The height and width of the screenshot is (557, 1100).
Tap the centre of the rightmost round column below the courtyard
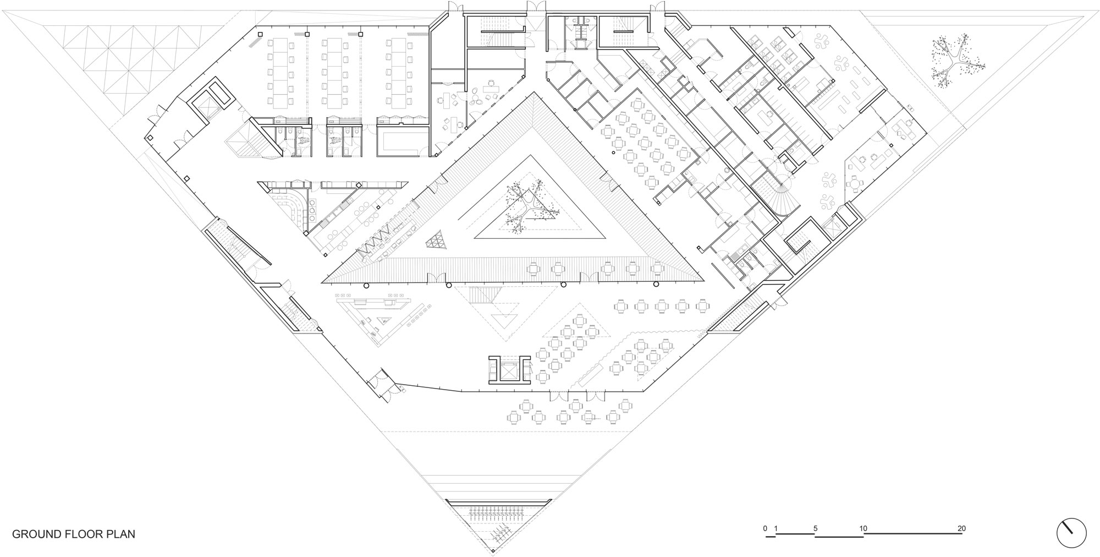point(656,285)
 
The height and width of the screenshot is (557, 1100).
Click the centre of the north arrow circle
point(1071,533)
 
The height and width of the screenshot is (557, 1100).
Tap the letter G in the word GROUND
point(16,534)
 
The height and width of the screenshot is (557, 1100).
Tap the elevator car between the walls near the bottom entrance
point(509,370)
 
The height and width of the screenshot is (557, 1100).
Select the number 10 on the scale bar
point(864,528)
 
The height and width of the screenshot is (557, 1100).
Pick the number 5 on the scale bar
point(816,528)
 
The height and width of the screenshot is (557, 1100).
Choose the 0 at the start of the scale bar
point(765,528)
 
